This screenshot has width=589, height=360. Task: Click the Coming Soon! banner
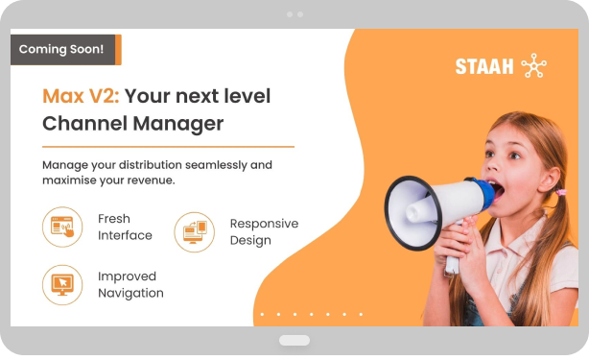(x=63, y=49)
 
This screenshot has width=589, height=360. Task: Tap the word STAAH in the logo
(x=483, y=66)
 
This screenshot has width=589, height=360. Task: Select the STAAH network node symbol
(x=532, y=66)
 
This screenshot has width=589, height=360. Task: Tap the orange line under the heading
(x=168, y=146)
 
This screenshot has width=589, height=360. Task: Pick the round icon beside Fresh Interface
(x=62, y=228)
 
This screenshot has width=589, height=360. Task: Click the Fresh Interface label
(x=125, y=228)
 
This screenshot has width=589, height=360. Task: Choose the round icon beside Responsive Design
(x=194, y=232)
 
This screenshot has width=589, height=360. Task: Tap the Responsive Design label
(x=264, y=231)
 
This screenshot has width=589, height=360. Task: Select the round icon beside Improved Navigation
(x=62, y=284)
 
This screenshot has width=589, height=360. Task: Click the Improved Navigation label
(x=130, y=284)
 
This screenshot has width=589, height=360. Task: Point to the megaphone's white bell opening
(x=408, y=212)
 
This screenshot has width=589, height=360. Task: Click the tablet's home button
(x=294, y=341)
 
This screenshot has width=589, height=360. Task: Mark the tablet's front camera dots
(x=294, y=14)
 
